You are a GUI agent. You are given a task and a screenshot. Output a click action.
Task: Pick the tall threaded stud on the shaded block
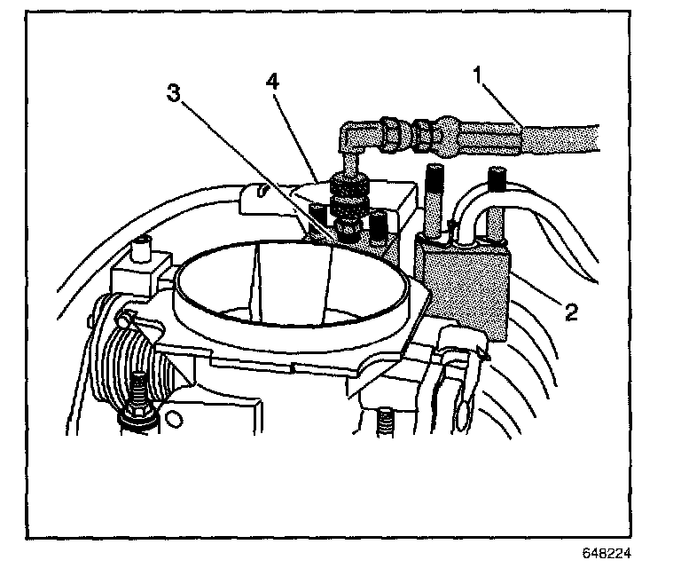(x=434, y=200)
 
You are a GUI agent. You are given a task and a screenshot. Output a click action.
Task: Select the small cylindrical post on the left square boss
(x=139, y=254)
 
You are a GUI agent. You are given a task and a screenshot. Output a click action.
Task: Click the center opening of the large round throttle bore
(x=293, y=284)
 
